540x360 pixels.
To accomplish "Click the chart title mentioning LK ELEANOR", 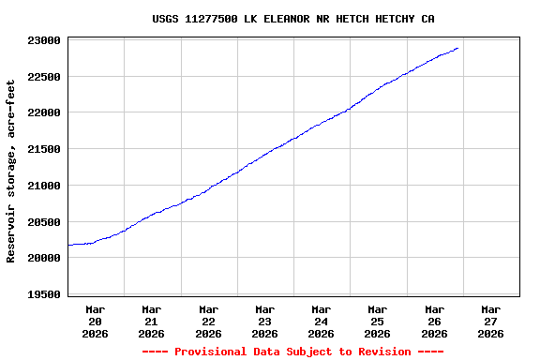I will click(293, 19).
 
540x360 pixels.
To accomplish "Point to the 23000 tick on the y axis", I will click(44, 40).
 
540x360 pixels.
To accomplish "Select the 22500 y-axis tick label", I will click(44, 77).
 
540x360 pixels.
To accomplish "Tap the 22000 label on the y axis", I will click(44, 112).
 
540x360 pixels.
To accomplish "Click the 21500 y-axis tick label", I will click(44, 149).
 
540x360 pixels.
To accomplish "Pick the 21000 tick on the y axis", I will click(44, 186).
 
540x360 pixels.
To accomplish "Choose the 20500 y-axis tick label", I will click(44, 221).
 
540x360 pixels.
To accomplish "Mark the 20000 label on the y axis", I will click(44, 258).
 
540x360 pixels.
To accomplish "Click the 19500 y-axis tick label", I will click(44, 294).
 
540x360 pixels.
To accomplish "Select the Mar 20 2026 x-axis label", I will click(96, 321).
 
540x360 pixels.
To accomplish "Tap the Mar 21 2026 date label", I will click(152, 321).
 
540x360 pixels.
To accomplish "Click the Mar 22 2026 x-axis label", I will click(208, 321).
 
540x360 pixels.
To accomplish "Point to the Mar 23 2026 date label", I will click(264, 321).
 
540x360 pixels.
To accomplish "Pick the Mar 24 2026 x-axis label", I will click(322, 321).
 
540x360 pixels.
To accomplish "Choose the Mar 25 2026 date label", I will click(378, 321).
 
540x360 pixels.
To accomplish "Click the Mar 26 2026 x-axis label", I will click(434, 321).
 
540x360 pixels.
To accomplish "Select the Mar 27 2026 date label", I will click(490, 321).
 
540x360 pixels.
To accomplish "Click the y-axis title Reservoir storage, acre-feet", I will click(11, 171).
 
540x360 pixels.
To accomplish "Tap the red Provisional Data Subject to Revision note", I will click(292, 352).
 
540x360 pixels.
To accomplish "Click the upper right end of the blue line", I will click(457, 48).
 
